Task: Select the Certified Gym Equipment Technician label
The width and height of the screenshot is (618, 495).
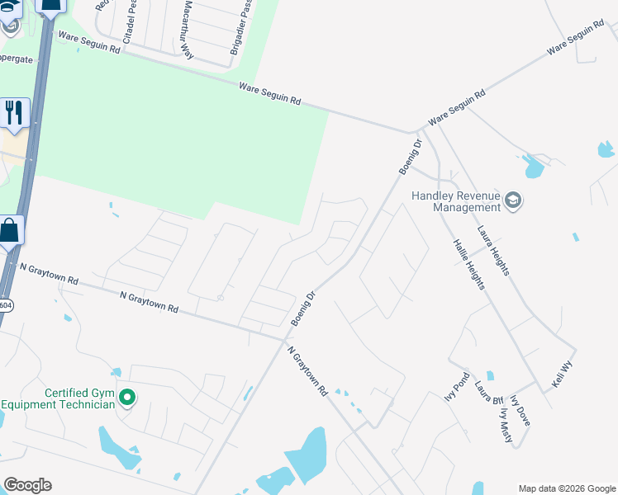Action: pos(58,398)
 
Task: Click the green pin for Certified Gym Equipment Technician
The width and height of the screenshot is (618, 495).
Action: pos(126,398)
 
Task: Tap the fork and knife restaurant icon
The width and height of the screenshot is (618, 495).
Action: pos(13,112)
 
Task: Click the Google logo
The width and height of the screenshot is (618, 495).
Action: pos(27,485)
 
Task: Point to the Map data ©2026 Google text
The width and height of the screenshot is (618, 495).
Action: pos(566,488)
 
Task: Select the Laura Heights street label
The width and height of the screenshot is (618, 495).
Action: pos(492,252)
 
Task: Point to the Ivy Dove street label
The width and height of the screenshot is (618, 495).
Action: pos(521,411)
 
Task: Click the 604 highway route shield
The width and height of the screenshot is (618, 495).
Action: pos(6,304)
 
